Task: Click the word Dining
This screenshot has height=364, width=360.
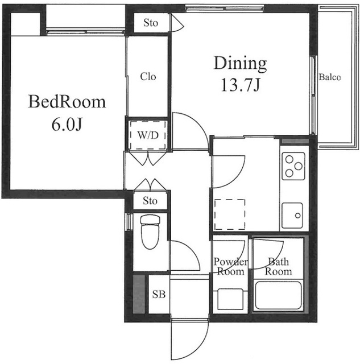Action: pyautogui.click(x=240, y=64)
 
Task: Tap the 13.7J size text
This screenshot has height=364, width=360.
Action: pyautogui.click(x=240, y=85)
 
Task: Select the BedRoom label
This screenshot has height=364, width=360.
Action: pyautogui.click(x=67, y=102)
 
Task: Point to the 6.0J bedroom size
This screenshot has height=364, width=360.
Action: pyautogui.click(x=67, y=125)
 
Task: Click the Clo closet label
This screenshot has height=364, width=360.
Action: pyautogui.click(x=148, y=76)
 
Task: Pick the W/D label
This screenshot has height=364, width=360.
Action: pyautogui.click(x=148, y=135)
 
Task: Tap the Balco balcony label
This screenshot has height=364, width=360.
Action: pyautogui.click(x=330, y=77)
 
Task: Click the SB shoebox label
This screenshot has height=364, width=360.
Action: pyautogui.click(x=159, y=295)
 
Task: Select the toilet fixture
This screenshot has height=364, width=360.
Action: pyautogui.click(x=150, y=231)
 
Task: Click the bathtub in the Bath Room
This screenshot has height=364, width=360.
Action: pyautogui.click(x=278, y=296)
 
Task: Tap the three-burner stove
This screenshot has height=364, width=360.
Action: pyautogui.click(x=293, y=166)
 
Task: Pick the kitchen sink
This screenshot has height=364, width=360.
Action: pyautogui.click(x=292, y=216)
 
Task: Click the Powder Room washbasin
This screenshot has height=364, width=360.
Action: pyautogui.click(x=230, y=299)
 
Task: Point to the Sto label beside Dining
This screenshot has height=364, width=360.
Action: pyautogui.click(x=151, y=23)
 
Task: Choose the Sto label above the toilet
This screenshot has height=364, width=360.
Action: pyautogui.click(x=150, y=201)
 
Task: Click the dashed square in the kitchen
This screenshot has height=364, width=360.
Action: pyautogui.click(x=230, y=214)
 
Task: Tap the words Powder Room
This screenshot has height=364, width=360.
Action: pyautogui.click(x=230, y=267)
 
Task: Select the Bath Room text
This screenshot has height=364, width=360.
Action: pyautogui.click(x=278, y=267)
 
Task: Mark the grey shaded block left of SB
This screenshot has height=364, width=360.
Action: pyautogui.click(x=139, y=294)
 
